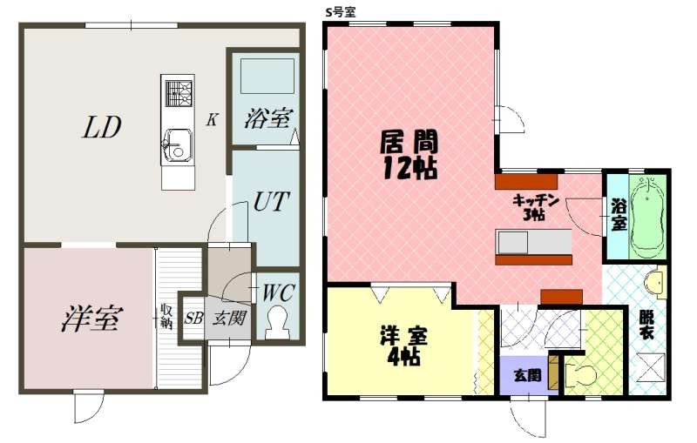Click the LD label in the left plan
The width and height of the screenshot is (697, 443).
coord(101,127)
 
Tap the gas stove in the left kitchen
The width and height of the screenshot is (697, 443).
coord(179,94)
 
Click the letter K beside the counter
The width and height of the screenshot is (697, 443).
coord(212,119)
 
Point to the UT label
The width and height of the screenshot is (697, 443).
coord(271,201)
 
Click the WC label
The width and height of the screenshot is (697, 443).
coord(278,293)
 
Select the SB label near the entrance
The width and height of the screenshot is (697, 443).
coord(193,318)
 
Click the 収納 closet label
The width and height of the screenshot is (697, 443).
coord(166,316)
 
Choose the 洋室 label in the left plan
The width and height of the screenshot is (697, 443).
coord(92,318)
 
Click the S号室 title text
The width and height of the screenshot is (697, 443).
coord(340,12)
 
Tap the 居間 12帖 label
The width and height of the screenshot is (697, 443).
coord(409,154)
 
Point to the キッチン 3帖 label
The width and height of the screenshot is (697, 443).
coord(535,207)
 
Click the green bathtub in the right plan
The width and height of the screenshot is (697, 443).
coord(648,218)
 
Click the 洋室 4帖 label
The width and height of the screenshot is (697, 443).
coord(403,345)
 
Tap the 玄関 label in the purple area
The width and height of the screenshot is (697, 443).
coord(528,376)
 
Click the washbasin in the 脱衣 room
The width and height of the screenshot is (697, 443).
coord(657,282)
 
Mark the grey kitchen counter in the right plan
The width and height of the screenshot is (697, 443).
coord(533,242)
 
